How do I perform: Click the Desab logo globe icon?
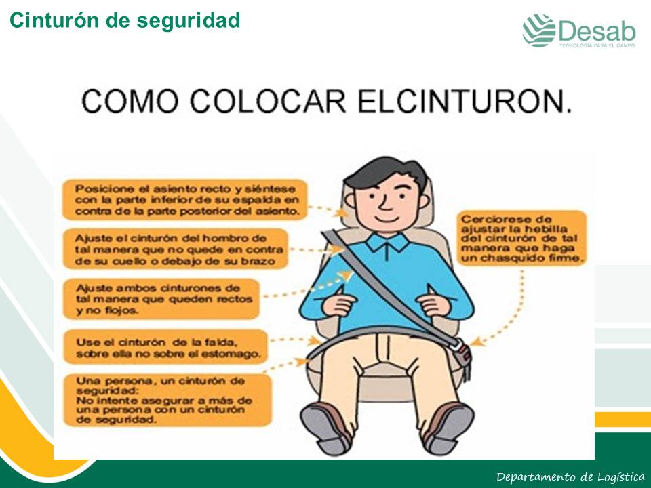538,30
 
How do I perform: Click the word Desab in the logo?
597,30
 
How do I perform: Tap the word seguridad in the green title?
188,21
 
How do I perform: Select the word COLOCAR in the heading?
268,101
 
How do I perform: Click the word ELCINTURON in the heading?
465,101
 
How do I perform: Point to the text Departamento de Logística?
570,476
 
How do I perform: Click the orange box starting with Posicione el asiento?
184,199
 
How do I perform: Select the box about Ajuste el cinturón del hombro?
175,249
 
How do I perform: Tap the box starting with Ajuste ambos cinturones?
161,299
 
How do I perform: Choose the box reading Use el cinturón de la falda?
165,347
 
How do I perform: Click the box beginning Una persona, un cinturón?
167,400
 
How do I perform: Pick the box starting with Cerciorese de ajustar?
522,238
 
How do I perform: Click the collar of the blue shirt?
387,242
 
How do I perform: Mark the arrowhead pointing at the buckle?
477,342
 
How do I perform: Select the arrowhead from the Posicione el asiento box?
342,213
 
